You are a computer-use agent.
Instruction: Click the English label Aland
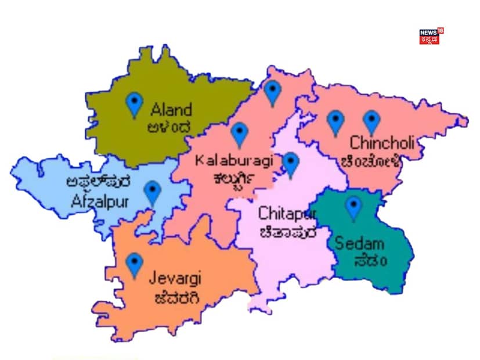tap(171, 109)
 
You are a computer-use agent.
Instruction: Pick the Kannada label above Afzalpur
tap(98, 183)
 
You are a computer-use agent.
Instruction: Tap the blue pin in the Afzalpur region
tap(152, 193)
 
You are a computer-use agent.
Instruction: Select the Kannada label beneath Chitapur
tap(288, 232)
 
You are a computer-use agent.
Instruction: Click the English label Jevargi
tap(175, 279)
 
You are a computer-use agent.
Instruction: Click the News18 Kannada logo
tap(430, 37)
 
